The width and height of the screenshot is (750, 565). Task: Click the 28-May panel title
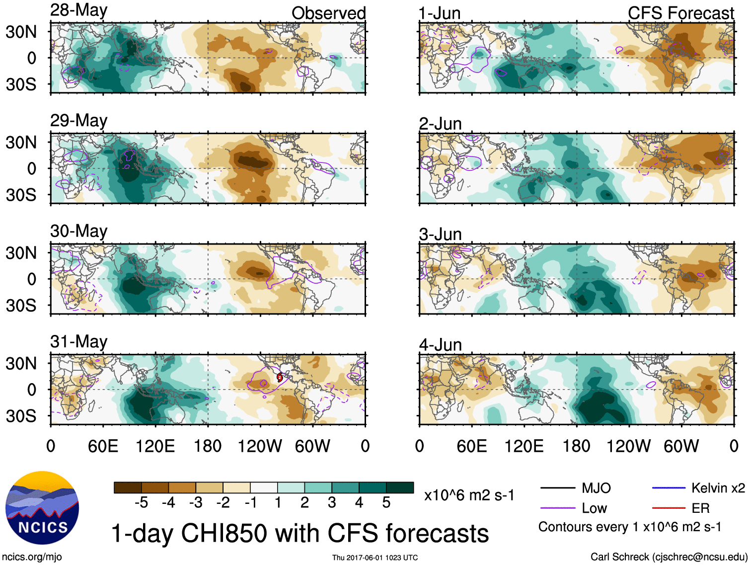coord(78,10)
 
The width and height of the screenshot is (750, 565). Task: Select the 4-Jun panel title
coord(440,344)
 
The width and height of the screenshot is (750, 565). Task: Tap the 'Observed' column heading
coord(328,13)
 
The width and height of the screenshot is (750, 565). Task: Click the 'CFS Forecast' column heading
coord(680,13)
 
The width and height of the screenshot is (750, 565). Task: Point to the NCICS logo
coord(42,507)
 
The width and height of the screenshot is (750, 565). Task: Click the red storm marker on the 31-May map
coord(280,377)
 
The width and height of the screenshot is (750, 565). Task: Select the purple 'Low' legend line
coord(558,508)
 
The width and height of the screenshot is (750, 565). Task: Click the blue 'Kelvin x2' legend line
coord(669,488)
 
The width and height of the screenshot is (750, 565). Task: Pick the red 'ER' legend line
coord(669,508)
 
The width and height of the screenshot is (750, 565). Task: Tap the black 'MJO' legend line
coord(558,488)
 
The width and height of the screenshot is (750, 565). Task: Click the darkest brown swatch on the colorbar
coord(128,487)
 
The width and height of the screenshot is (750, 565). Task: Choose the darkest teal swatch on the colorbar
coord(400,487)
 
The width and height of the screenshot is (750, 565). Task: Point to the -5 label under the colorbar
coord(141,503)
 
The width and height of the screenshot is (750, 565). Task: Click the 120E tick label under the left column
coord(155,446)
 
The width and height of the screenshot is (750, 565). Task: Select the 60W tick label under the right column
coord(681,446)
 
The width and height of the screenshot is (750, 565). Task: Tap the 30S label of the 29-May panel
coord(21,195)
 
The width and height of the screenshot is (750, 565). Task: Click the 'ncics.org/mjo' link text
coord(32,557)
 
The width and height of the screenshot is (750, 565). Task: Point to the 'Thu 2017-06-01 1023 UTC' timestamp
coord(375,558)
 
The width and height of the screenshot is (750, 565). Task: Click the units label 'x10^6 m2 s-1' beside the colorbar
coord(469,495)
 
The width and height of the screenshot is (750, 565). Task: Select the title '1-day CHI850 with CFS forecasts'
coord(300,533)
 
